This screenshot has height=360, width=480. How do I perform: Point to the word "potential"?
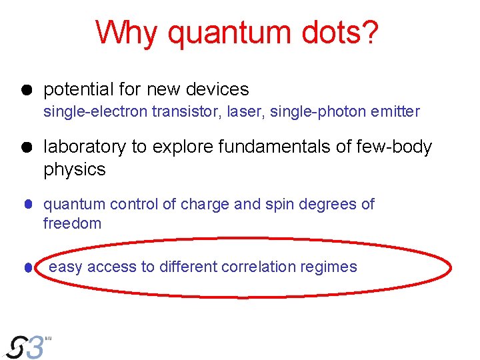click(77, 89)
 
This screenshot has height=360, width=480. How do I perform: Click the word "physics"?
click(75, 169)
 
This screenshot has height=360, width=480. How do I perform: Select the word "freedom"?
click(72, 223)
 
